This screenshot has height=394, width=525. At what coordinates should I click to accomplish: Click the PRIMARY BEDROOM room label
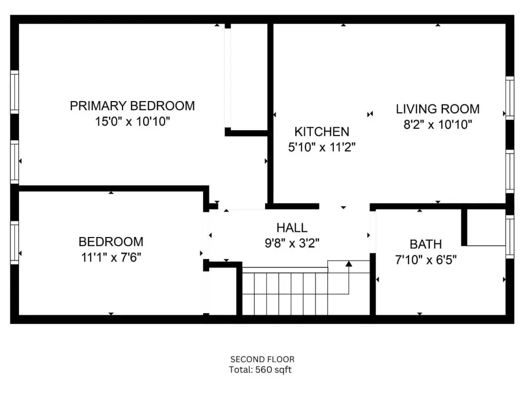(132, 106)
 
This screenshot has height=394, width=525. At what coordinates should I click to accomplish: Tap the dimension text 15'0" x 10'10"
(133, 121)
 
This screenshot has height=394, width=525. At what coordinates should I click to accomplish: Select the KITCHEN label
(322, 132)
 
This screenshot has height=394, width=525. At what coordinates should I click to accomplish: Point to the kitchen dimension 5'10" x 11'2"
(322, 147)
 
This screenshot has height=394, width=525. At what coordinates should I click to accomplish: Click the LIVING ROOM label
(438, 109)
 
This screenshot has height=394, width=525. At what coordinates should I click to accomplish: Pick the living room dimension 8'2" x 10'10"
(438, 125)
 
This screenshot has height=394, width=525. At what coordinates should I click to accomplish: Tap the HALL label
(292, 228)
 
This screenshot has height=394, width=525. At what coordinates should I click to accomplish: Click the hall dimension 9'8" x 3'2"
(292, 243)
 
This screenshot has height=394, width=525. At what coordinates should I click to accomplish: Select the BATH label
(426, 244)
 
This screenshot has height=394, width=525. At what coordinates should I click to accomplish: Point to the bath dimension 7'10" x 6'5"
(426, 260)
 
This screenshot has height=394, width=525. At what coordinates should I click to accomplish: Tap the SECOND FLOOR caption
(262, 360)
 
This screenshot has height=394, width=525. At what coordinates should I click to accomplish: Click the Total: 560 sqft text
(260, 370)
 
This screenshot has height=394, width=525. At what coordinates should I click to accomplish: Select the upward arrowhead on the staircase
(349, 264)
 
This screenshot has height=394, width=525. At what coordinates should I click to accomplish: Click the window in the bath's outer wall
(510, 237)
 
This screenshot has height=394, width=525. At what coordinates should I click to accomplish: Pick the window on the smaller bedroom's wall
(14, 243)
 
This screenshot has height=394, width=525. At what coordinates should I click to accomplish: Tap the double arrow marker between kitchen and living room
(370, 114)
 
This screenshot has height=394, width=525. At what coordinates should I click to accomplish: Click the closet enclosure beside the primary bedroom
(246, 80)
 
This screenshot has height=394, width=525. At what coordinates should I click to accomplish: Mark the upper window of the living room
(510, 98)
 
